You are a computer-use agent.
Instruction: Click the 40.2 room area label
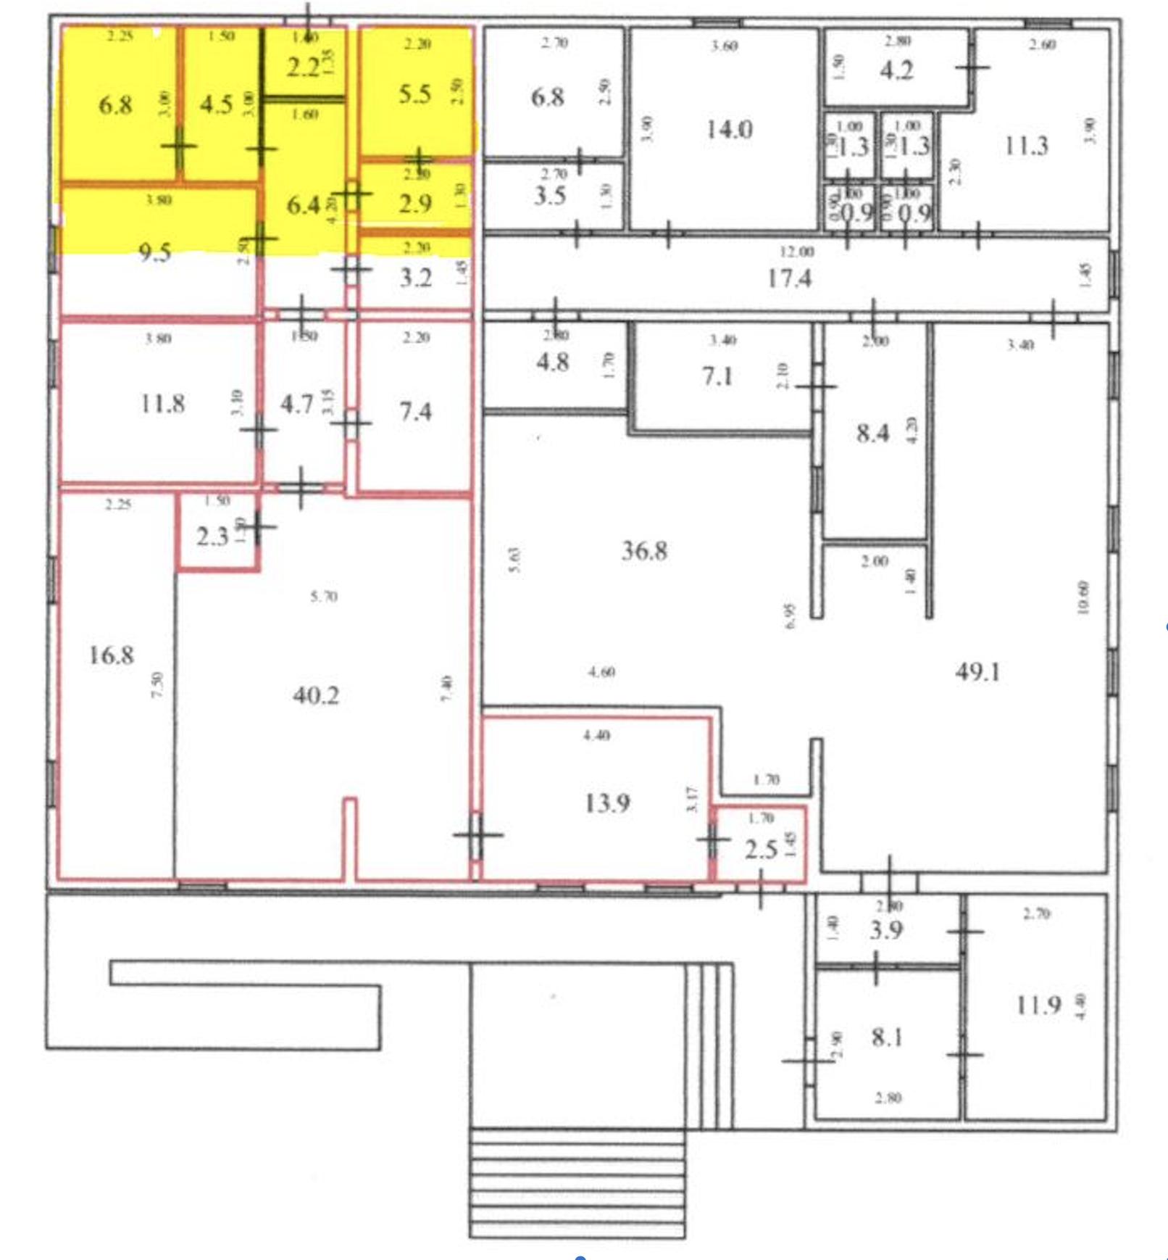coord(315,696)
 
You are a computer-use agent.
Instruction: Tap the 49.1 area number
coord(977,672)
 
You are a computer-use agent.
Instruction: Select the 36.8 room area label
coord(644,551)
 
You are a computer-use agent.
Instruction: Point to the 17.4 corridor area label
coord(789,278)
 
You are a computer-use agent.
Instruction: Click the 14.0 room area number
coord(729,130)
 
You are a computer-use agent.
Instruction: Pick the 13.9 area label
coord(606,803)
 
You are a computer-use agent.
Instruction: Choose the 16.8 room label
coord(111,655)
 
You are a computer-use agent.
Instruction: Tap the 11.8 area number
coord(162,403)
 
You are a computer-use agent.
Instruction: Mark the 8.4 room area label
coord(872,434)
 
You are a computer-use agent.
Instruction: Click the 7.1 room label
coord(717,376)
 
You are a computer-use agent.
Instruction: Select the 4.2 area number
coord(896,70)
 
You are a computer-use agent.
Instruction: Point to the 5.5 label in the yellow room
coord(414,94)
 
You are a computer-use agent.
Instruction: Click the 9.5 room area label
coord(154,253)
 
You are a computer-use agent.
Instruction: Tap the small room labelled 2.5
coord(761,849)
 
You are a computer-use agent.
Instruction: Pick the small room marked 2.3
coord(212,537)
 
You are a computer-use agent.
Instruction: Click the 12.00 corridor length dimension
coord(796,252)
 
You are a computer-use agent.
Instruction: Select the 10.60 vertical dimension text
coord(1084,597)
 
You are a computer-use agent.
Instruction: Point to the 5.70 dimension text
coord(323,597)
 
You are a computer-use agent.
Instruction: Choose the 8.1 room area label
coord(886,1037)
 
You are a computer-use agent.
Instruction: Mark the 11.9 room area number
coord(1038,1005)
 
